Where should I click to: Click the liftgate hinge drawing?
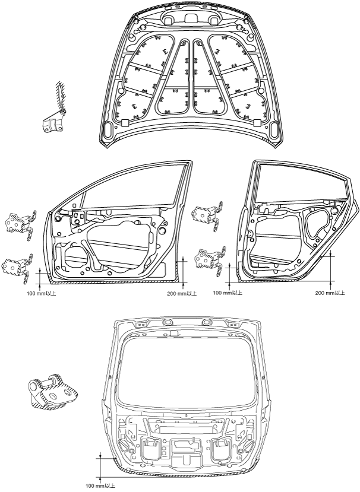click(x=50, y=392)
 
